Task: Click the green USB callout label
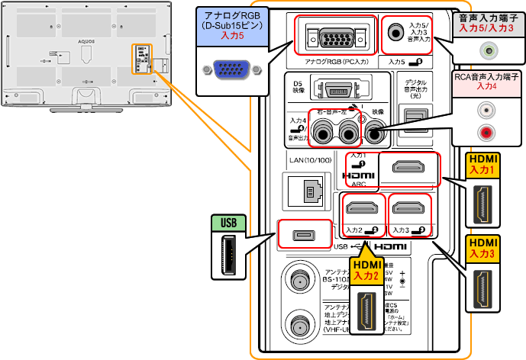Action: coord(228,223)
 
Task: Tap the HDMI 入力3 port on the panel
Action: coord(408,207)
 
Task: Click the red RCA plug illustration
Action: coord(484,133)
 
